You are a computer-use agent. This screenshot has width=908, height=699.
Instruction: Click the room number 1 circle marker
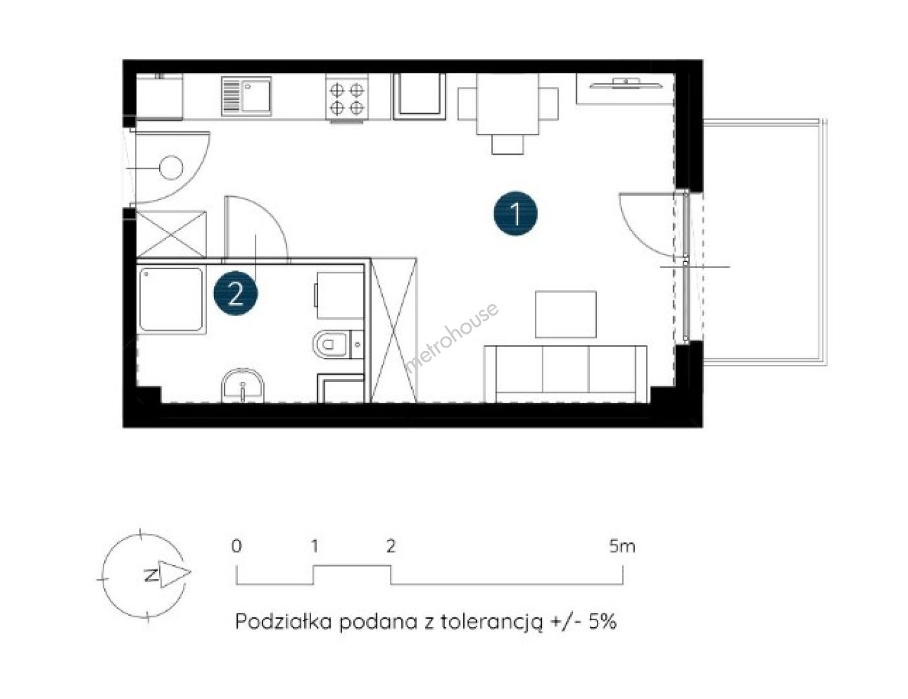coord(515,213)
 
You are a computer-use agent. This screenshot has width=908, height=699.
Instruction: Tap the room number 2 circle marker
coord(235,293)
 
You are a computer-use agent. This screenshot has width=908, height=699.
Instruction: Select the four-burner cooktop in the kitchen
coord(347,98)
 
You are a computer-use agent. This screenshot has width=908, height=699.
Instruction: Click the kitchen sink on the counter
coord(246,96)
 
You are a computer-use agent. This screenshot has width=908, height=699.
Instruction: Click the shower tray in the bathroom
coord(171,299)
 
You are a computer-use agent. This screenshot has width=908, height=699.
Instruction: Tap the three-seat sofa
coord(566,373)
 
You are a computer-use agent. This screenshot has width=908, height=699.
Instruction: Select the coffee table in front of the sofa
coord(566,314)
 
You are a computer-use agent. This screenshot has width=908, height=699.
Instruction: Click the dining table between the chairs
coord(507,104)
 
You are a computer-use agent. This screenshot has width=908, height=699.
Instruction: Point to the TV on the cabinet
coord(625,84)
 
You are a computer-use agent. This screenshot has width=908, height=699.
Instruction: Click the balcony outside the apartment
coord(764,243)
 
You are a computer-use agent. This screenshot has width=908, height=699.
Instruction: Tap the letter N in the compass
coord(151,574)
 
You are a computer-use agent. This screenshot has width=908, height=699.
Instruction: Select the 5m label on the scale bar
coord(622,546)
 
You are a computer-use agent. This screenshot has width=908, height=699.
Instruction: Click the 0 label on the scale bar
coord(237,546)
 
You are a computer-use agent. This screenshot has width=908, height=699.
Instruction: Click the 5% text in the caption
coord(602,621)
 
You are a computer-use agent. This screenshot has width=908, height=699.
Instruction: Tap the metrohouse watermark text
coord(452,337)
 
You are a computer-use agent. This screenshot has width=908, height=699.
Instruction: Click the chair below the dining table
coord(508,144)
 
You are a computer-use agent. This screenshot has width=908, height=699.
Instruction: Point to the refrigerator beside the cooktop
coord(419,96)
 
